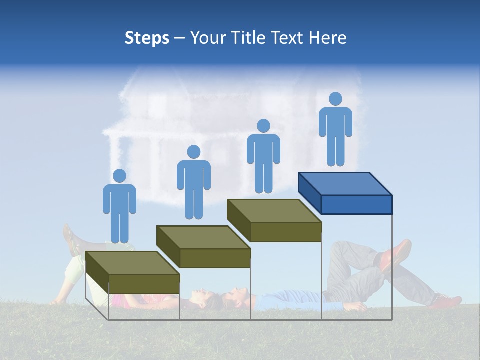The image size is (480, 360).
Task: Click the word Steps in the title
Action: [147, 38]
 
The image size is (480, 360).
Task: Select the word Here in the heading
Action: [327, 38]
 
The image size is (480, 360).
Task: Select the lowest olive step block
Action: [132, 272]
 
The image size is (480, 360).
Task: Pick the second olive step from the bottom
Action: [203, 246]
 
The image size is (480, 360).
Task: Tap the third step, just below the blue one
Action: [274, 220]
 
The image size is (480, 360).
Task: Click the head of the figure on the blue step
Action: [335, 99]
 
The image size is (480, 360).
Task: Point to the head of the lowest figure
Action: [119, 176]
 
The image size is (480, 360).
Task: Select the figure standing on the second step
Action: [193, 182]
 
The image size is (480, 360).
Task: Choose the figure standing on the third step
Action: [263, 156]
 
